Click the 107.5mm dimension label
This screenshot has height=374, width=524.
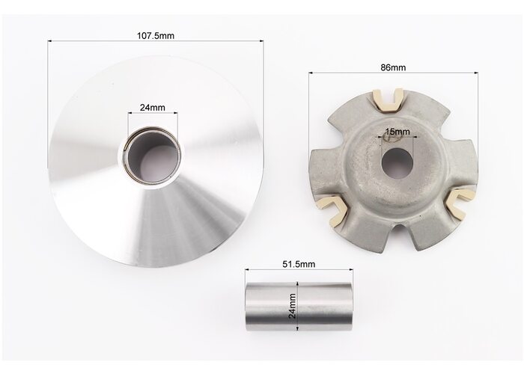(x=156, y=35)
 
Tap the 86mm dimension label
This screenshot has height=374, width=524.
(x=393, y=67)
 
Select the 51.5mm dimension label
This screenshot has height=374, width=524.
(x=299, y=264)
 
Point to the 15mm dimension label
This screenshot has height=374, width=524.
(x=397, y=132)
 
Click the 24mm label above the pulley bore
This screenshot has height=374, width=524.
(x=153, y=108)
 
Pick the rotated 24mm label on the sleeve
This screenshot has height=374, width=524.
(x=292, y=306)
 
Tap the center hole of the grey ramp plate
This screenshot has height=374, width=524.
(x=397, y=163)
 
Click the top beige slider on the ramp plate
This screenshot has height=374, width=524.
(x=389, y=100)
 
